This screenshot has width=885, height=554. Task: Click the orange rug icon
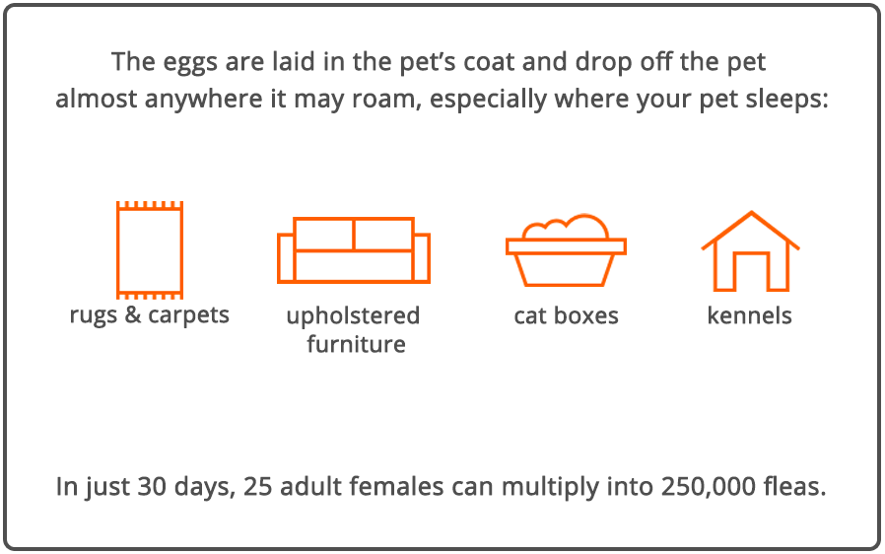point(117,250)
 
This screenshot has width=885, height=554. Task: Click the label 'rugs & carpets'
point(150,315)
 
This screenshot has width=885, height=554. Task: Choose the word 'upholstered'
point(354,316)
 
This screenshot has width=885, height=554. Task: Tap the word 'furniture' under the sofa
point(356,344)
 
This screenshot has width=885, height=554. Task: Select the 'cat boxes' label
point(566,315)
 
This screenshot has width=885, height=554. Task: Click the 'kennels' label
point(750,315)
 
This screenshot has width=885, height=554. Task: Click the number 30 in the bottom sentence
point(152,486)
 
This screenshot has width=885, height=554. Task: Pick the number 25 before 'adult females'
point(257,486)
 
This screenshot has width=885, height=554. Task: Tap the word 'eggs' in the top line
point(189,63)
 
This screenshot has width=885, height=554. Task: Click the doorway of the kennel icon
point(751,271)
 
